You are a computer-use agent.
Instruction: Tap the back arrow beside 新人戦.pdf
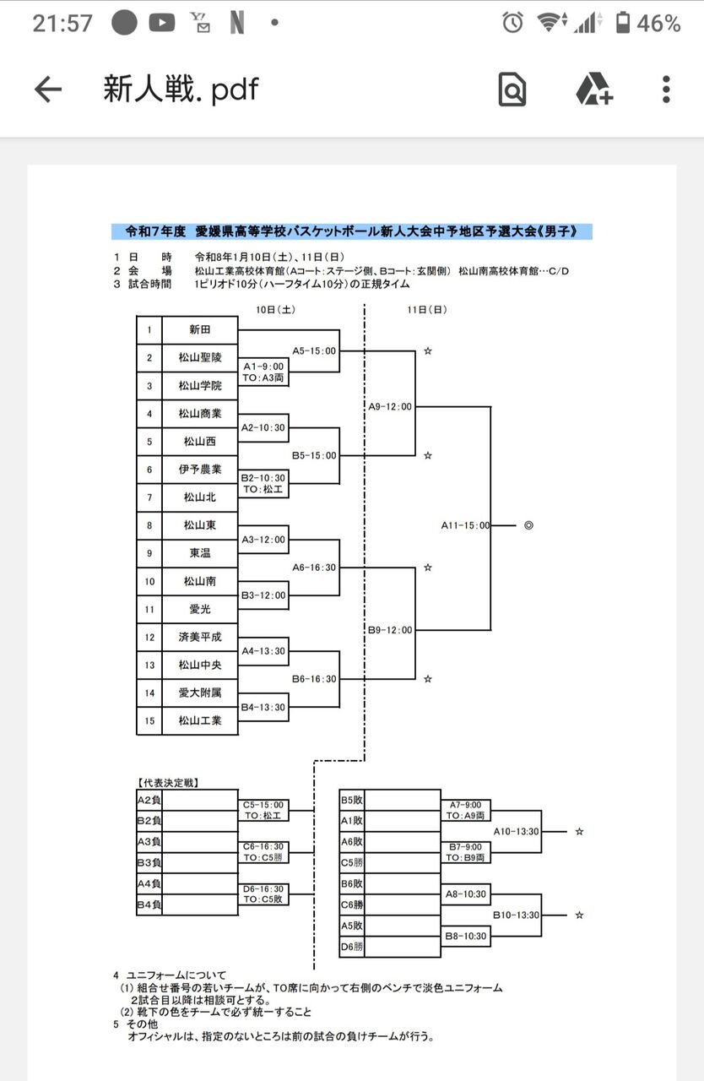[x=48, y=89]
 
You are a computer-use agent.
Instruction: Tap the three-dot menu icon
[x=666, y=89]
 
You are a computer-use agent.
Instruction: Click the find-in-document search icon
[x=512, y=89]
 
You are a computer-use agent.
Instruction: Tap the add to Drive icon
[x=593, y=89]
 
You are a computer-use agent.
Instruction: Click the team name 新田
[x=199, y=329]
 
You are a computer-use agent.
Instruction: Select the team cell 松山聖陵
[x=199, y=357]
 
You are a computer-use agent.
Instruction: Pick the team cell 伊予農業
[x=199, y=470]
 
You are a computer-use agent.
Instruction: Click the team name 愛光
[x=199, y=609]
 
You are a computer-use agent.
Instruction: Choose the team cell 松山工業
[x=199, y=720]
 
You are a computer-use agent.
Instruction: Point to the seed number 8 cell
[x=149, y=525]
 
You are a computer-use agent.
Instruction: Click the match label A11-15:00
[x=465, y=525]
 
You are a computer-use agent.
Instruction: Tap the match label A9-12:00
[x=390, y=406]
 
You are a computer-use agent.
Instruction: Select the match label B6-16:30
[x=314, y=679]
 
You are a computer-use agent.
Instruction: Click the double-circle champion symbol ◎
[x=528, y=525]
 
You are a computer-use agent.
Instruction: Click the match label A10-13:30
[x=516, y=831]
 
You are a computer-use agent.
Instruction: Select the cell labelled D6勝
[x=352, y=947]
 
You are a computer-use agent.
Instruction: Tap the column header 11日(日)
[x=427, y=310]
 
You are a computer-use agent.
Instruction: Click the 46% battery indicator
[x=648, y=23]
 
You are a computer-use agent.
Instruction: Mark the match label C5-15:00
[x=263, y=805]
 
